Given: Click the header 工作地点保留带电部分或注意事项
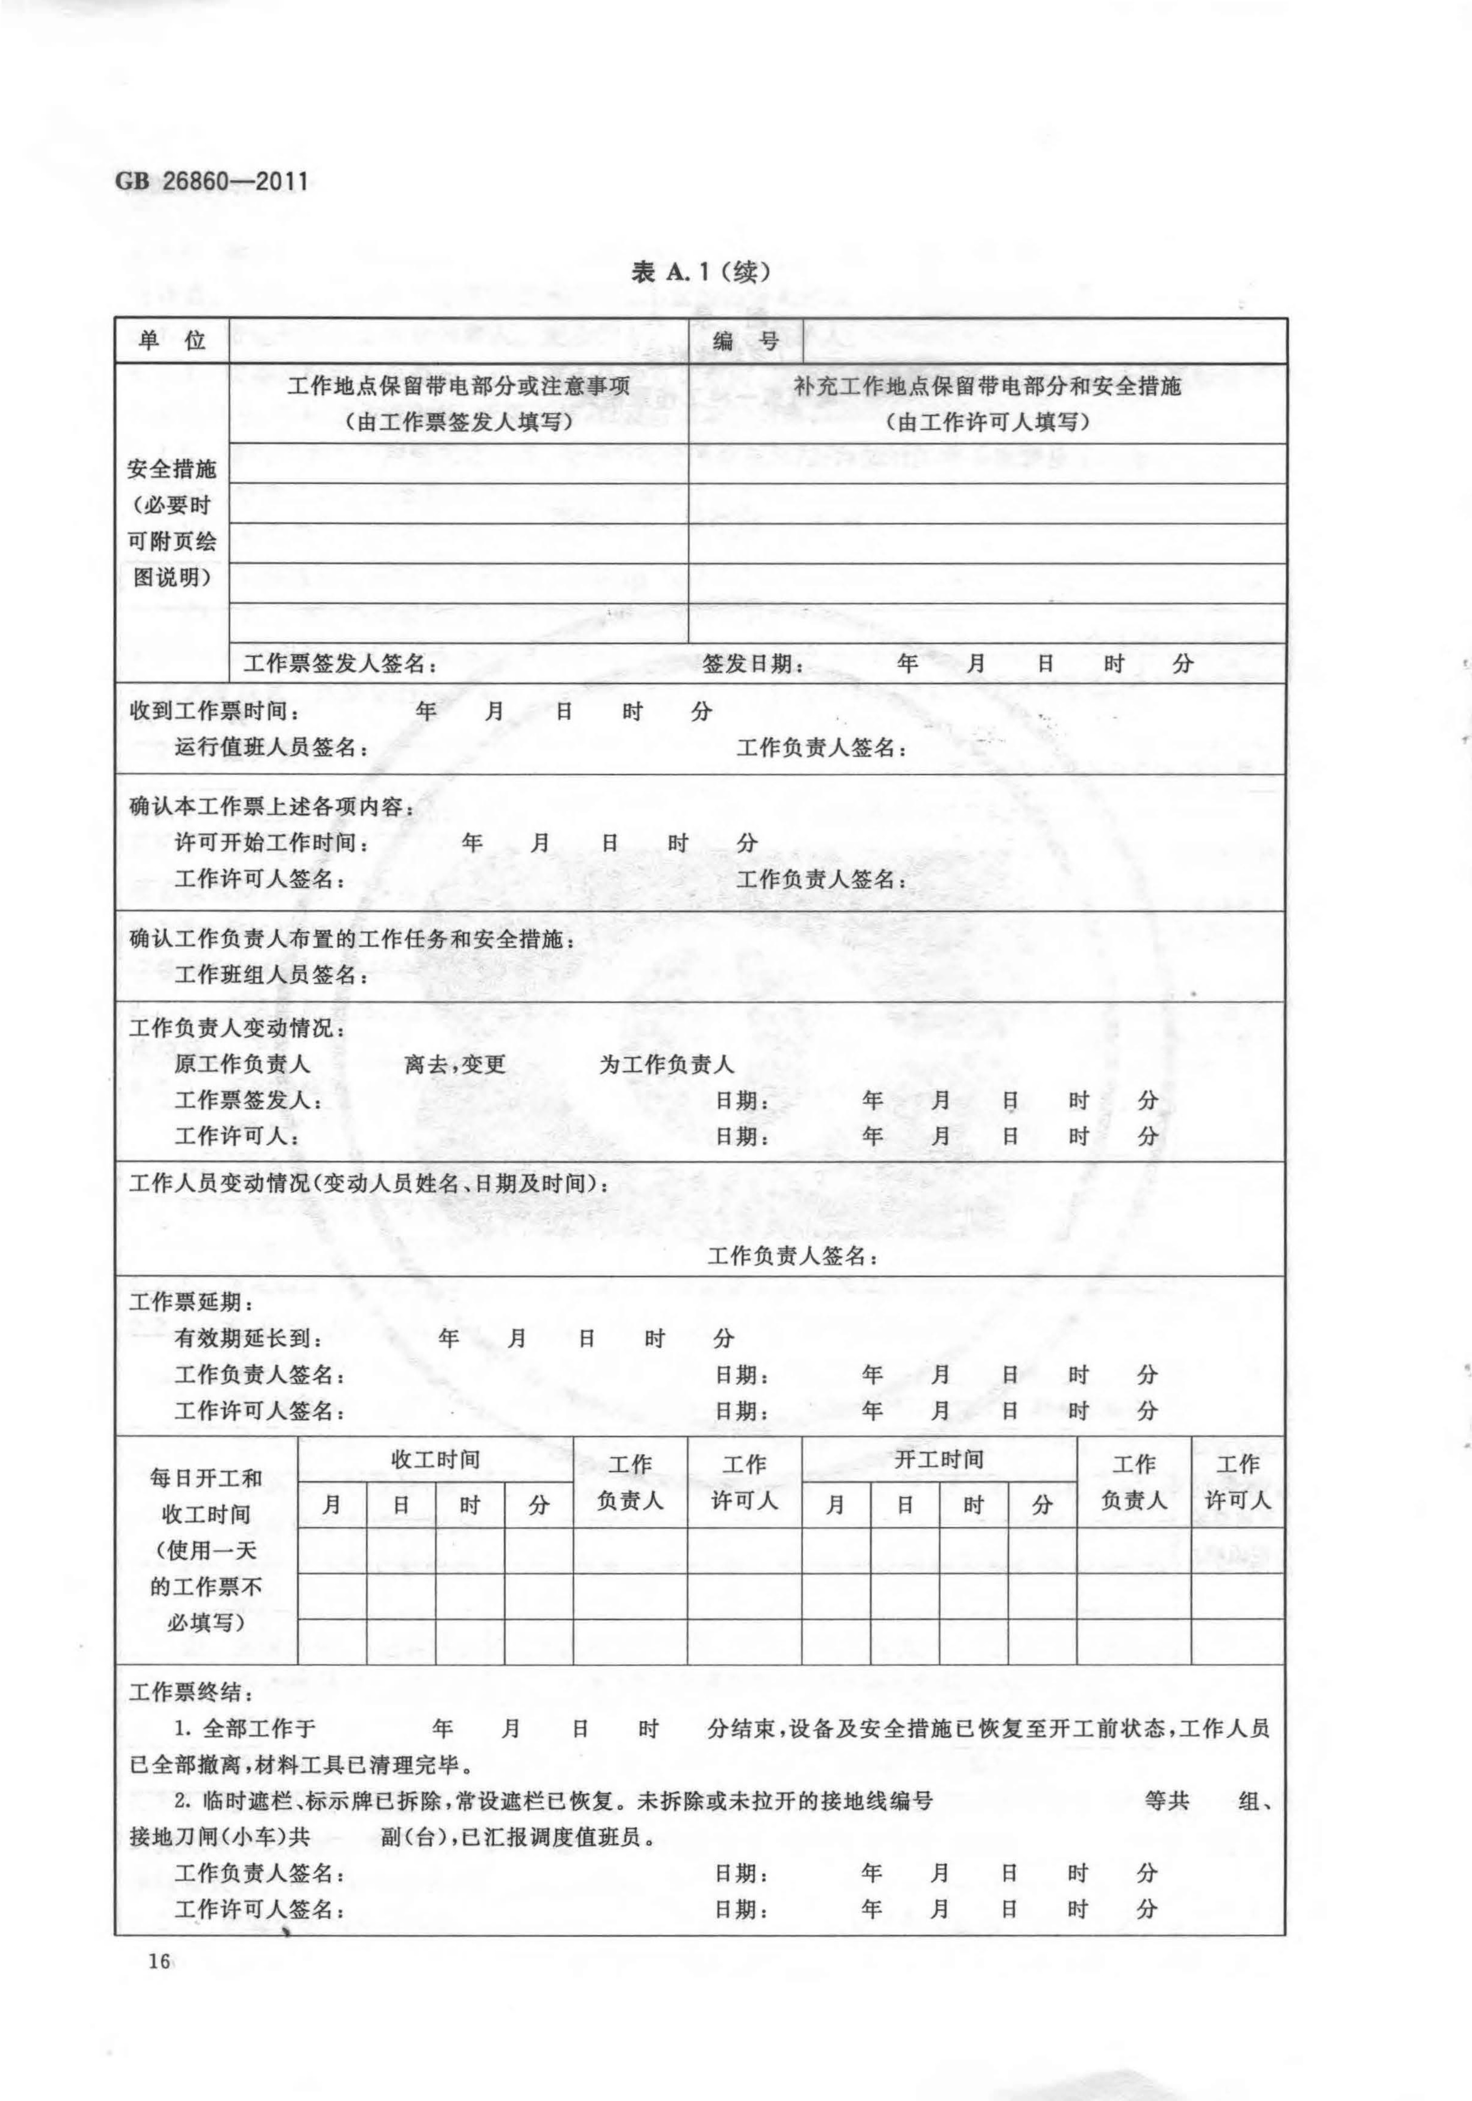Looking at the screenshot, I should point(459,386).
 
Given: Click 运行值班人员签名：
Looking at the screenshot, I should point(272,748).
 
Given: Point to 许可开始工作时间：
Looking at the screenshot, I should point(272,842).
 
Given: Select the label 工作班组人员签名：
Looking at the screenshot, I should point(272,974).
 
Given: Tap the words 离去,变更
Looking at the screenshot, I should point(455,1064).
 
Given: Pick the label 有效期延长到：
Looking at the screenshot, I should point(248,1339).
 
